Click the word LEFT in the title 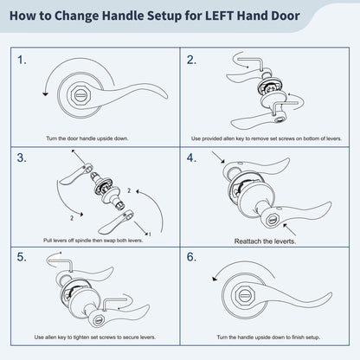coord(219,16)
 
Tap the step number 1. coord(22,60)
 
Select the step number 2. coord(191,60)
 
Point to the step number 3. coord(22,157)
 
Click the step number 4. coord(191,157)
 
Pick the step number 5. coord(22,257)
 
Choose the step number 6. coord(191,257)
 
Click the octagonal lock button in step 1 coord(79,95)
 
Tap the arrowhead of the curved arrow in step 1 coord(45,94)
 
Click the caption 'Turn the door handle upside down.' coord(87,138)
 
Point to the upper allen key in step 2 coord(250,63)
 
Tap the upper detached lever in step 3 coord(75,174)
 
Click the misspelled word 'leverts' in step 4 coord(285,241)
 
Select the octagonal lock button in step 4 coord(272,220)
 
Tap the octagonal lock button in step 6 coord(245,296)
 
